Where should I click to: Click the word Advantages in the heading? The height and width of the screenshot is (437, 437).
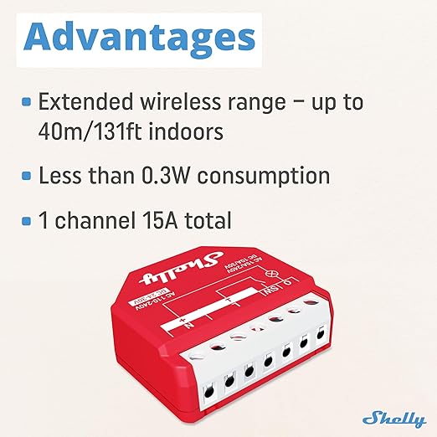pos(137,38)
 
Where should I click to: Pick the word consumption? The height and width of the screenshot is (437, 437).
pos(275,177)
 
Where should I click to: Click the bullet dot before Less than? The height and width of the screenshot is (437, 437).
pos(27,176)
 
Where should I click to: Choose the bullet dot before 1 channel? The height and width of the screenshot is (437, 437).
pos(27,220)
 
